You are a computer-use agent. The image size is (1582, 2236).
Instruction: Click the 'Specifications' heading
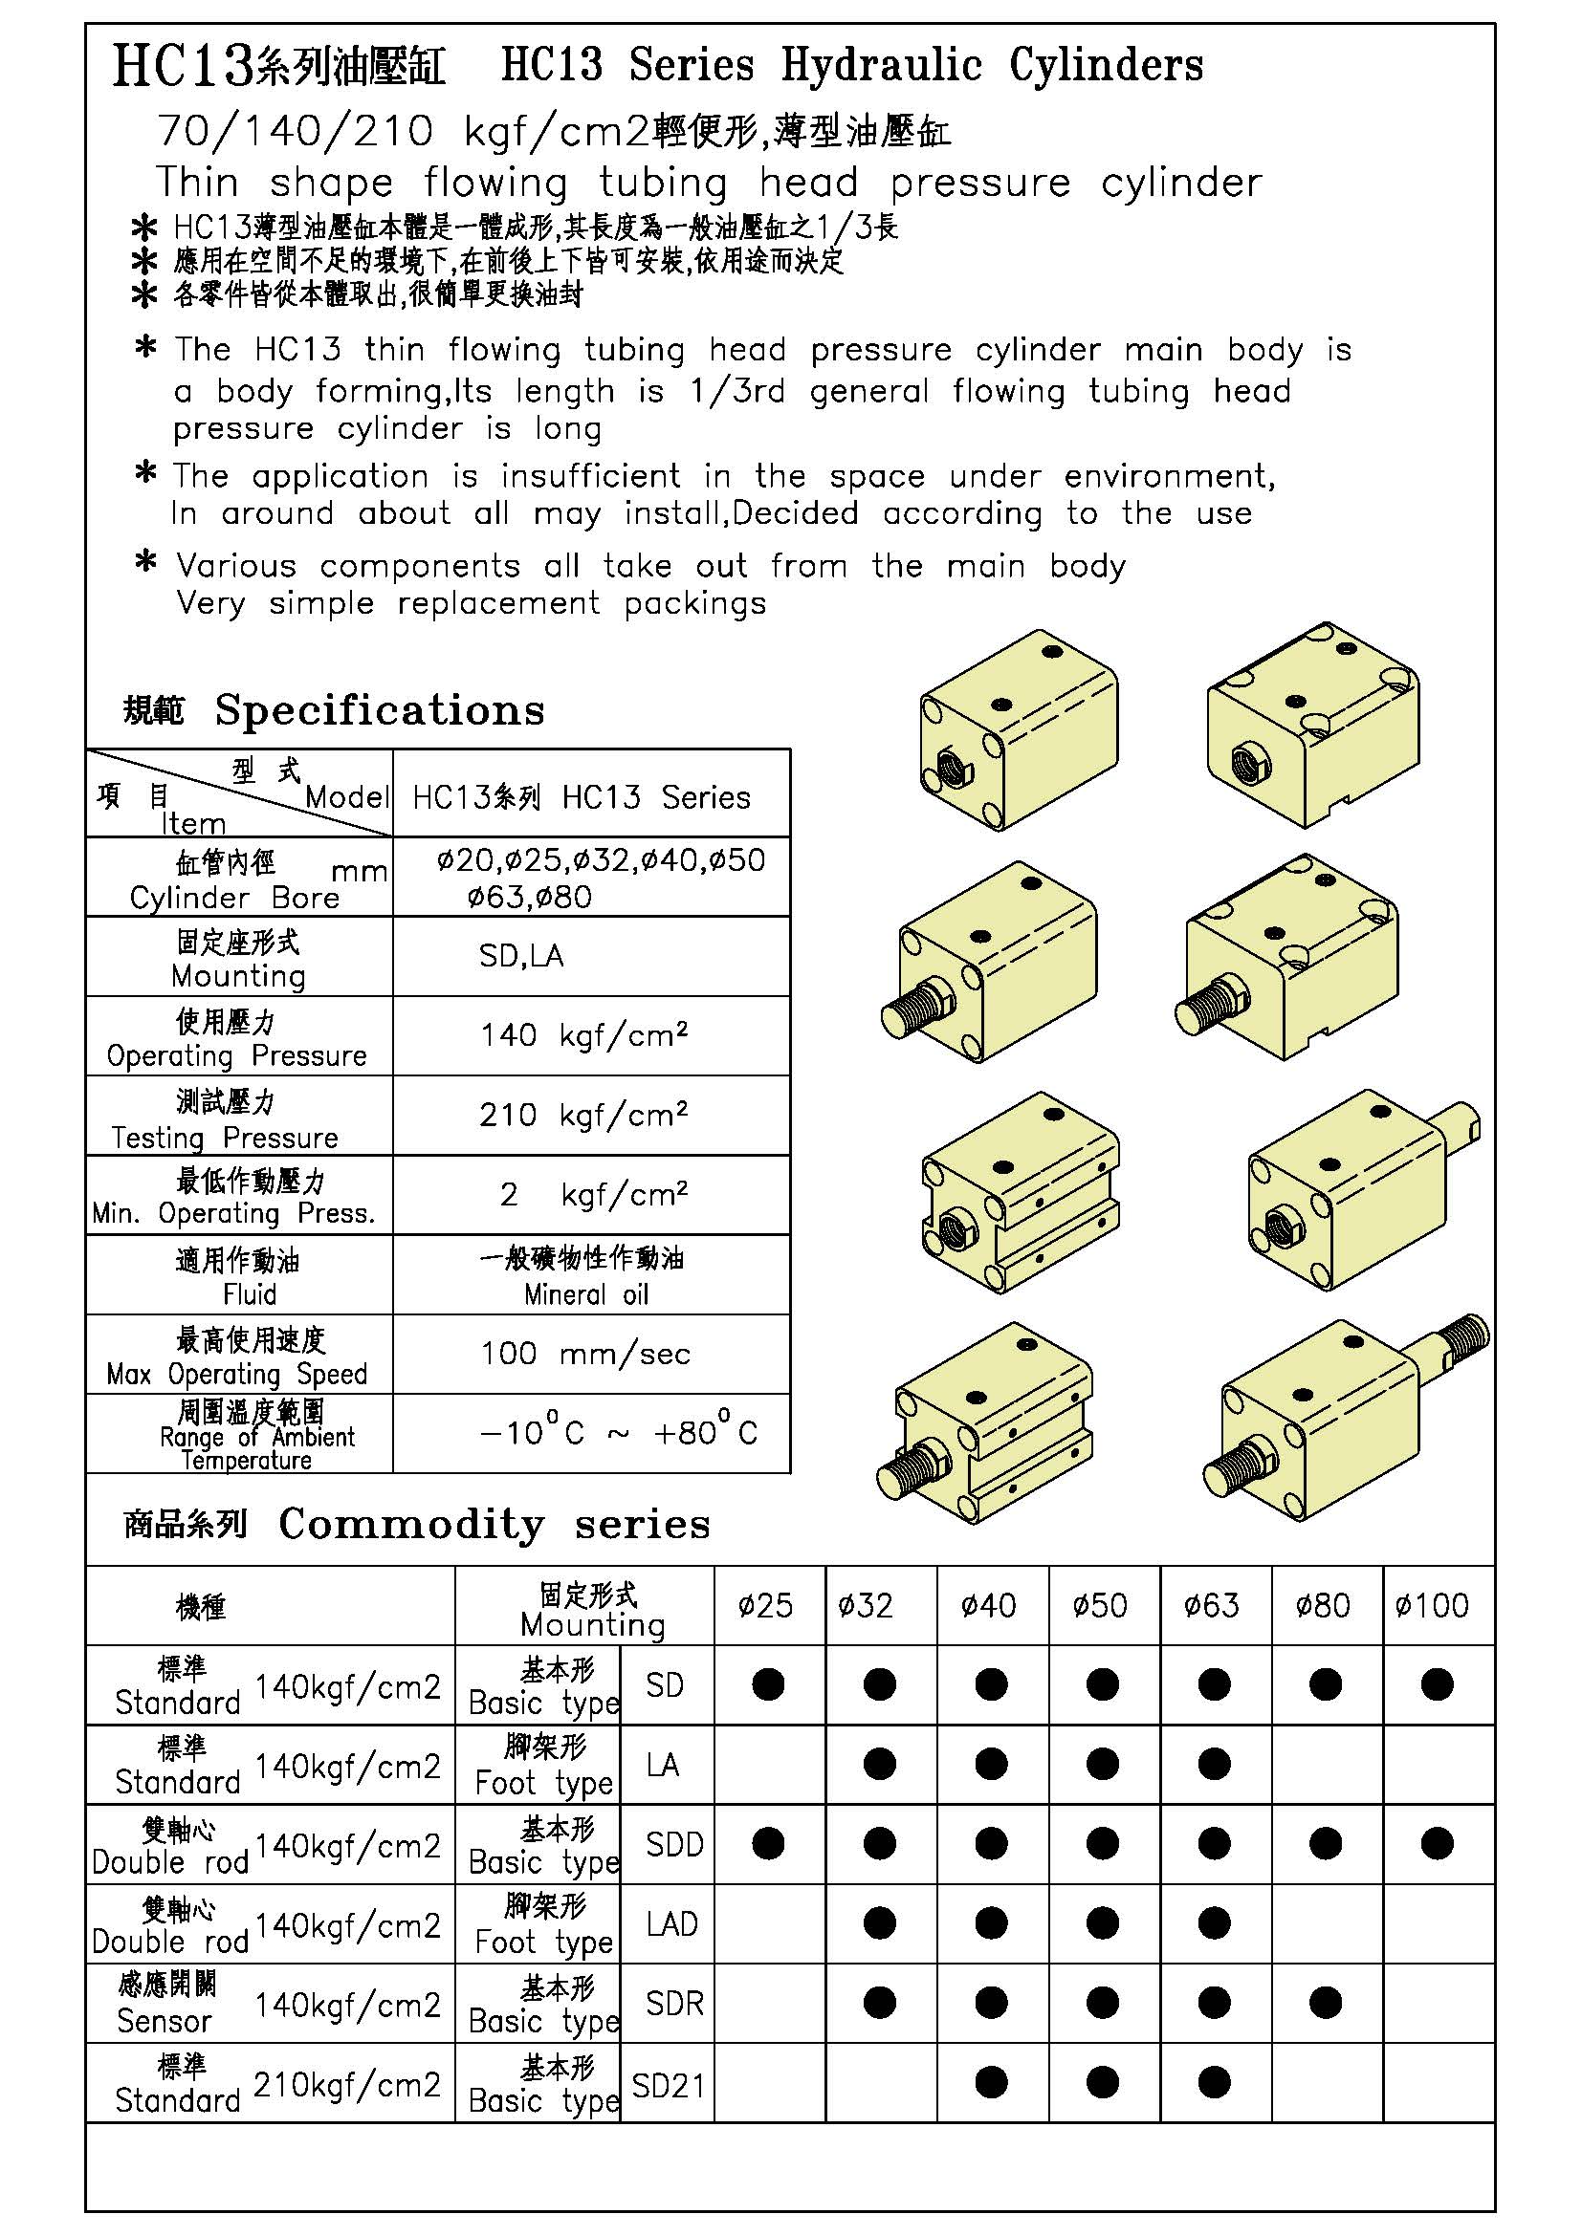point(379,710)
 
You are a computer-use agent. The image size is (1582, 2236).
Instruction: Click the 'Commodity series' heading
point(494,1524)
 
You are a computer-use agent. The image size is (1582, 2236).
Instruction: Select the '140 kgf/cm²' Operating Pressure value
point(583,1035)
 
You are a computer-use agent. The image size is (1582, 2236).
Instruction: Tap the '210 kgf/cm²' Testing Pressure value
point(583,1115)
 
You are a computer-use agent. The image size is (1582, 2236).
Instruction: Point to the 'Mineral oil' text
point(585,1294)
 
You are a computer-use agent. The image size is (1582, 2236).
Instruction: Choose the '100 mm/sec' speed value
point(585,1354)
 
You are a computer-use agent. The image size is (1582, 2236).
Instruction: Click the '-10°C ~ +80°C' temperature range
point(618,1433)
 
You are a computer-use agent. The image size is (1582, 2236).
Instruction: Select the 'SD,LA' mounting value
point(521,955)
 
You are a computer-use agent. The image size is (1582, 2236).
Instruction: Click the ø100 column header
point(1431,1606)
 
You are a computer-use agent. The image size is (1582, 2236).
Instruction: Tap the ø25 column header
point(766,1606)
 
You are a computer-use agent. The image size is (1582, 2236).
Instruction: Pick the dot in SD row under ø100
point(1437,1684)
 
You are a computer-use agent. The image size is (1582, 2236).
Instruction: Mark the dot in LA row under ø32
point(880,1764)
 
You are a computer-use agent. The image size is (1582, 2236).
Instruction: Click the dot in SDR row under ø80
point(1325,2004)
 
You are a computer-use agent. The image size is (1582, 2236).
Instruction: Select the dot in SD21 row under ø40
point(991,2083)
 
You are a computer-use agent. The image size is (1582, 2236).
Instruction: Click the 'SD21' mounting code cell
point(668,2085)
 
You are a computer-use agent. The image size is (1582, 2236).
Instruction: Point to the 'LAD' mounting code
point(671,1924)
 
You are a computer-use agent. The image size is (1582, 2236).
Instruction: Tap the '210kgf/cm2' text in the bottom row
point(347,2084)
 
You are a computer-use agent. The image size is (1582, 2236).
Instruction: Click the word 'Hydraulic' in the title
point(882,65)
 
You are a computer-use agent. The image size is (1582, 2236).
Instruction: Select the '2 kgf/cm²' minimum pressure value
point(592,1195)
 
